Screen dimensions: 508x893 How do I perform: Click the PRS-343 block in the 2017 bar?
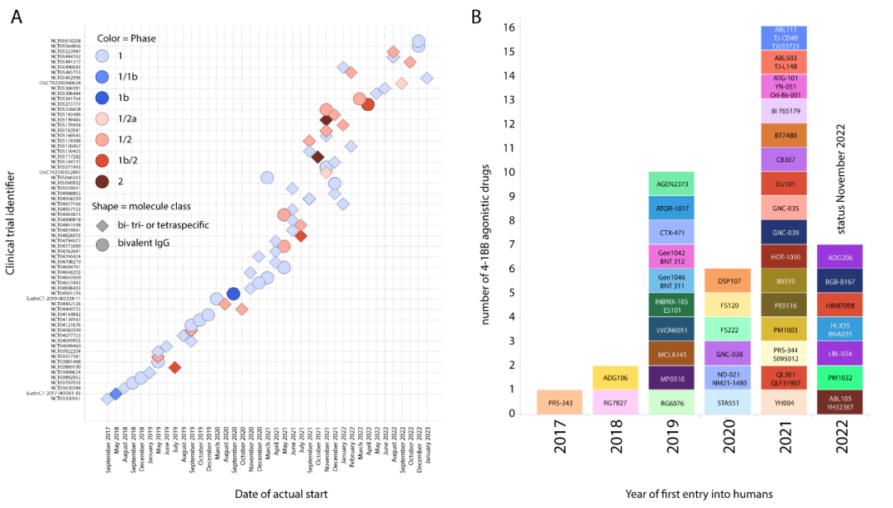(x=559, y=402)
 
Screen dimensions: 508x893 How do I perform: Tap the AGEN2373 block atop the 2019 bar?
(x=672, y=184)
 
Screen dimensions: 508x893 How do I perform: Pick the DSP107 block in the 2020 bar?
(x=728, y=280)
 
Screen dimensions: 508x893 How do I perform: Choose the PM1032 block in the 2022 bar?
(x=841, y=377)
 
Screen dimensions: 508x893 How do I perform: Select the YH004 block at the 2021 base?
(x=785, y=402)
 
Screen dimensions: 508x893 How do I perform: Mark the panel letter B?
(x=476, y=15)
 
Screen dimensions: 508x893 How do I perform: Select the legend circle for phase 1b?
(x=102, y=98)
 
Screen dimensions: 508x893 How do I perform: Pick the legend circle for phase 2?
(x=102, y=181)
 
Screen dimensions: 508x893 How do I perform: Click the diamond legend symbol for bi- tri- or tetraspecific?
(x=102, y=224)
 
